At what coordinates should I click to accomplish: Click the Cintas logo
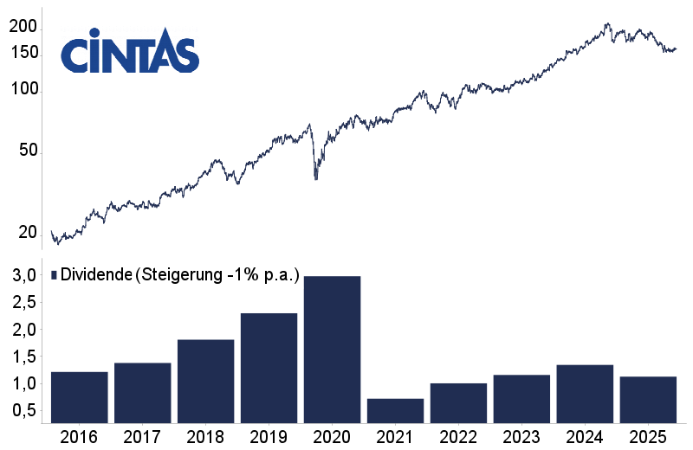pos(130,54)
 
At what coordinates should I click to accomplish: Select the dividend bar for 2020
pos(332,350)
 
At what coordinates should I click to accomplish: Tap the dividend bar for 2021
pos(395,411)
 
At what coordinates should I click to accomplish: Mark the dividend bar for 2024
pos(585,394)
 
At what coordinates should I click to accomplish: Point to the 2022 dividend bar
pos(458,403)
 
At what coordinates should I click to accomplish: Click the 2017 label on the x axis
pos(142,437)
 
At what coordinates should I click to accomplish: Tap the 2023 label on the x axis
pos(521,437)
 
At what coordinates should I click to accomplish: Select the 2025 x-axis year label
pos(648,437)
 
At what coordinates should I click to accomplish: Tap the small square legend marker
pos(54,275)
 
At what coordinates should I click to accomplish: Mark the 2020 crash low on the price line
pos(315,178)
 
